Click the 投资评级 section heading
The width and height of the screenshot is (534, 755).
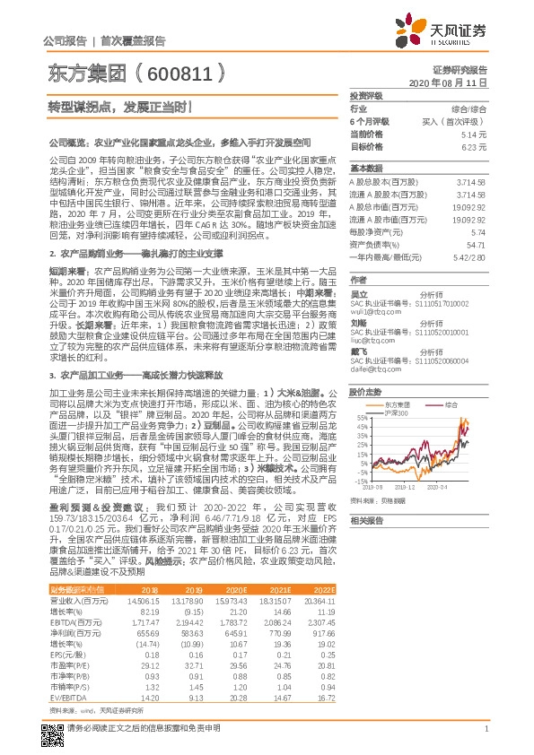pyautogui.click(x=366, y=94)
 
